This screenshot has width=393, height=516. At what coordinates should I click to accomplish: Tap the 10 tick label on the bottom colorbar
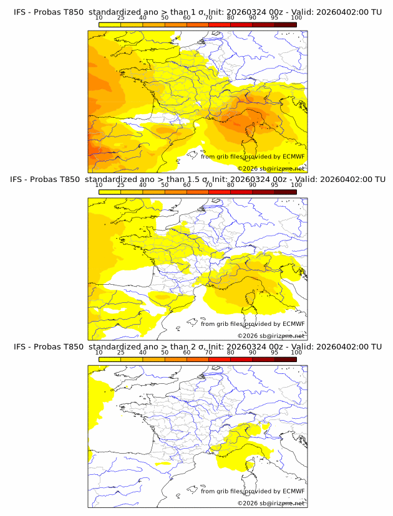pyautogui.click(x=99, y=352)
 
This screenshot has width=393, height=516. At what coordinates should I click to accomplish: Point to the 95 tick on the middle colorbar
pyautogui.click(x=274, y=184)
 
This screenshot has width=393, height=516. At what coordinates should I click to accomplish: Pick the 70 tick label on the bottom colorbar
pyautogui.click(x=208, y=352)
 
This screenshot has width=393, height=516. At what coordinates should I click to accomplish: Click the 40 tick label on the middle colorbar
pyautogui.click(x=143, y=184)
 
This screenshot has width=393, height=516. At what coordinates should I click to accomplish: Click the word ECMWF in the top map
pyautogui.click(x=294, y=157)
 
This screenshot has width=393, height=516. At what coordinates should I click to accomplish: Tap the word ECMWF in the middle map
pyautogui.click(x=294, y=324)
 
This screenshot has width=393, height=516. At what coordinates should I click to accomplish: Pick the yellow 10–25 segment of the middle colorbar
pyautogui.click(x=110, y=191)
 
